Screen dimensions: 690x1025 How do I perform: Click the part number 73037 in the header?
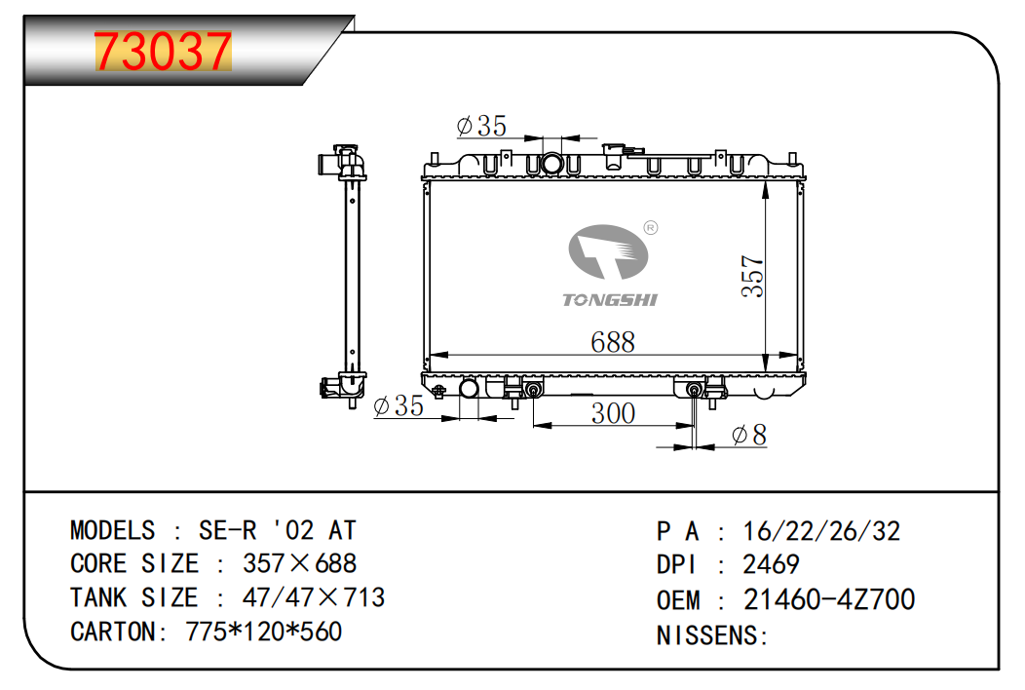(x=163, y=52)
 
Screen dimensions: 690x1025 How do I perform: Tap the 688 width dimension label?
(x=613, y=342)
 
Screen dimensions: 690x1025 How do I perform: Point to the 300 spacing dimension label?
(x=613, y=413)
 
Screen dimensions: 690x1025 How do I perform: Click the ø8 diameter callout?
(x=748, y=435)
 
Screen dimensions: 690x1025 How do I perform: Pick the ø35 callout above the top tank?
(x=481, y=126)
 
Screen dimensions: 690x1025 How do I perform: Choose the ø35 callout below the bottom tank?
(x=399, y=406)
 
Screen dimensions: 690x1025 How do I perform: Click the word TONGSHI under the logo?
(x=610, y=299)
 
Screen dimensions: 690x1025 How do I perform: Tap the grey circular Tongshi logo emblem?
(x=608, y=252)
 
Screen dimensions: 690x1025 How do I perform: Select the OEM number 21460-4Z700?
(x=828, y=599)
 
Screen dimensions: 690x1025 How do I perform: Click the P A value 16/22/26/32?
(x=820, y=531)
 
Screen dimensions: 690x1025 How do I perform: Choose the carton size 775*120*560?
(x=263, y=632)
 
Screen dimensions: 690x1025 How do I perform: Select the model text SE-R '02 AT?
(x=277, y=530)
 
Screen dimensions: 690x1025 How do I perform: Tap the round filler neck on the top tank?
(x=552, y=163)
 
